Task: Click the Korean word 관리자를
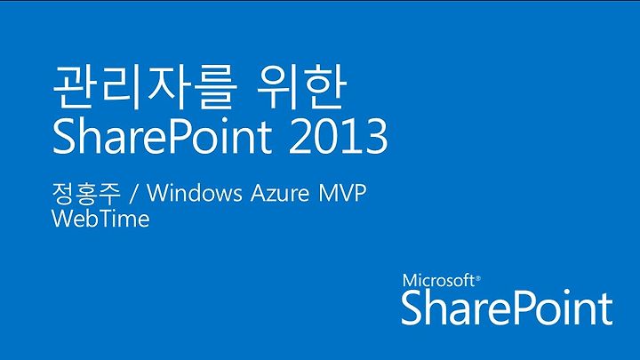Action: click(145, 87)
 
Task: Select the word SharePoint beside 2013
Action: click(162, 137)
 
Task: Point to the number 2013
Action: click(338, 136)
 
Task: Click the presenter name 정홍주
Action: click(86, 194)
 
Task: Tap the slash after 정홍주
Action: click(133, 194)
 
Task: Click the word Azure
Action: click(280, 193)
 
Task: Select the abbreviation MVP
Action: click(341, 193)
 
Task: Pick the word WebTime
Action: click(100, 219)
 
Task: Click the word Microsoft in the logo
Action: click(438, 281)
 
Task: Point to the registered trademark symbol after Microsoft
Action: click(478, 279)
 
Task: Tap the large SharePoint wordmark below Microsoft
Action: click(507, 308)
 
